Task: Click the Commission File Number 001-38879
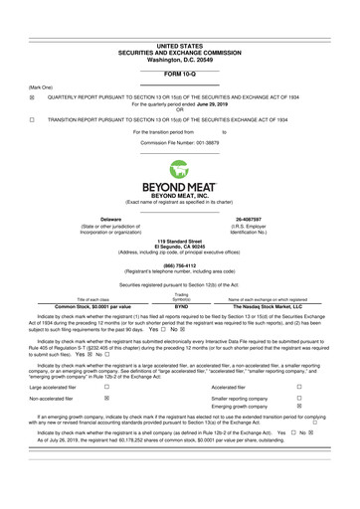pos(179,145)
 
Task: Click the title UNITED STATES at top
pos(180,18)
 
